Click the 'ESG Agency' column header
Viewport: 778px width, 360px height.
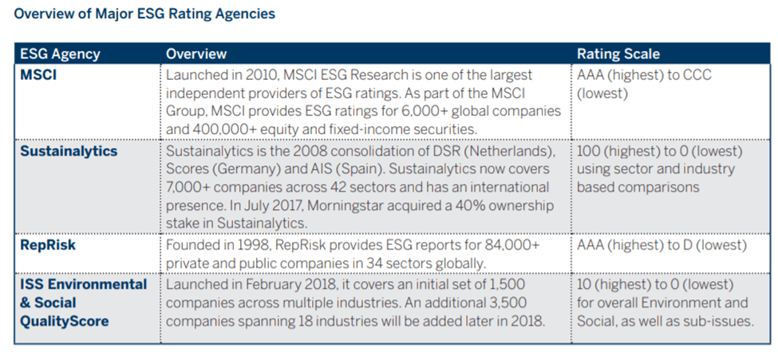[x=60, y=54]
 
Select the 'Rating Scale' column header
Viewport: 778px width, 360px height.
[x=618, y=54]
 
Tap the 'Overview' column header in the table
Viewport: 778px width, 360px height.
[x=196, y=54]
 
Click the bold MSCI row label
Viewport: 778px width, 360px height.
[x=38, y=75]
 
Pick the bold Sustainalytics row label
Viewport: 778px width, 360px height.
[x=69, y=151]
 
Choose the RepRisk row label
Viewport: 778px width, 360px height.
[x=48, y=245]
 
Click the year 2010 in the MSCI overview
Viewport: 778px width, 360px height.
[x=255, y=75]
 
